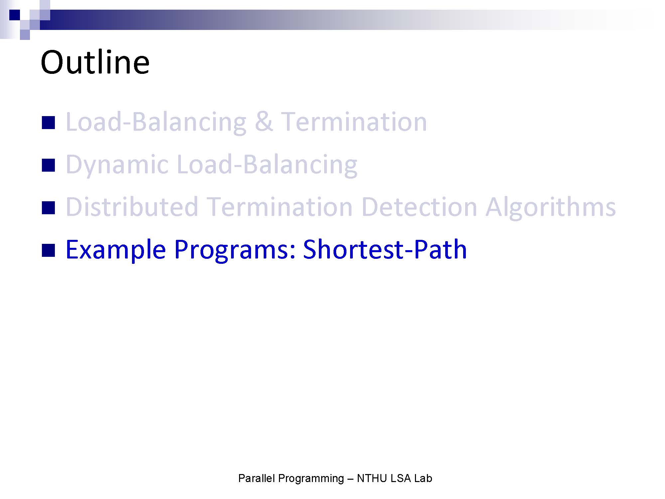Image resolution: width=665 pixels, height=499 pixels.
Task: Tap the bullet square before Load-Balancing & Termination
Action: (48, 122)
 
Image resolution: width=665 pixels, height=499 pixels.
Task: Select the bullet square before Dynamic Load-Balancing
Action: (48, 165)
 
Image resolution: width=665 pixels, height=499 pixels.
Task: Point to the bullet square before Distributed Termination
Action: (48, 208)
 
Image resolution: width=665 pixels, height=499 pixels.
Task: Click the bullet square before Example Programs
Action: (48, 250)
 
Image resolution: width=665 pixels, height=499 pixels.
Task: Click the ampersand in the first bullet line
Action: (264, 122)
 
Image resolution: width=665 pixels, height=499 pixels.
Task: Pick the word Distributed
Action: (132, 207)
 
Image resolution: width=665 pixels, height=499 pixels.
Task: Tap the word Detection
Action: (419, 207)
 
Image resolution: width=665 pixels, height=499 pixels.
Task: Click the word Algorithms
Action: (551, 208)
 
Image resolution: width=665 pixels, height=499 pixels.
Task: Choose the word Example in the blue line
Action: (116, 249)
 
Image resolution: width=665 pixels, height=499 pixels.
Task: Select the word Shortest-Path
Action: (385, 249)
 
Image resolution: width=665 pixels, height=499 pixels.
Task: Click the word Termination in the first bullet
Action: (354, 122)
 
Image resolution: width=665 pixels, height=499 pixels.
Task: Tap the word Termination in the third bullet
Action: (280, 207)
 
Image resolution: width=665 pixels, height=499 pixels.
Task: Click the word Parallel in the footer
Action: (257, 478)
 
